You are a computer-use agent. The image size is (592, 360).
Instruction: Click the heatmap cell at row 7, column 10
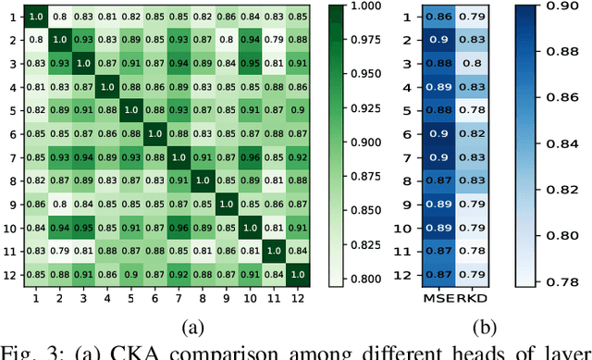[x=248, y=157]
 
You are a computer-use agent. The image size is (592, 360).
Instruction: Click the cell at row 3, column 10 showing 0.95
[x=248, y=64]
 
